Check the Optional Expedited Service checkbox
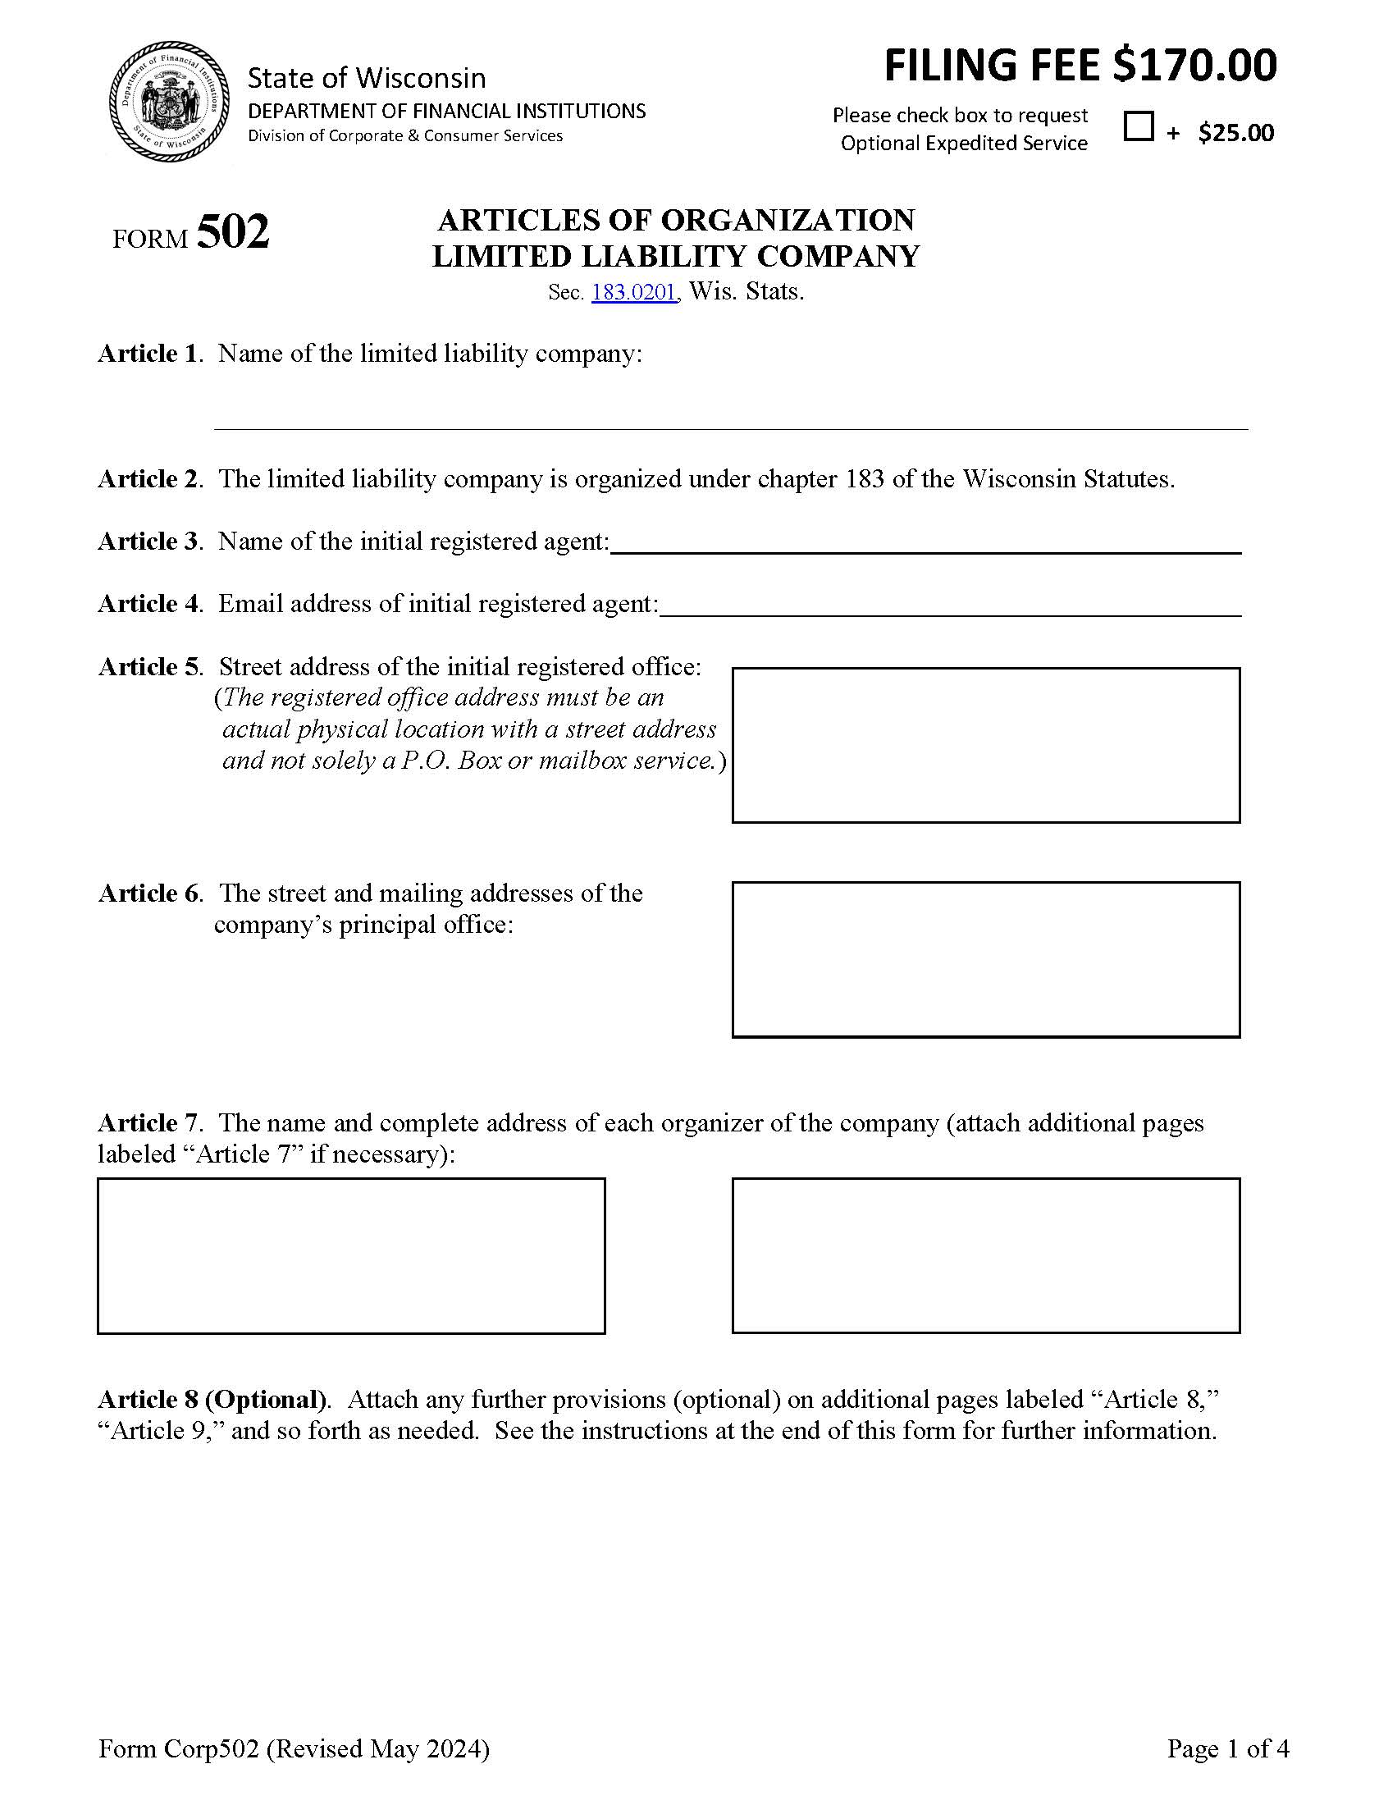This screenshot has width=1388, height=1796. tap(1138, 126)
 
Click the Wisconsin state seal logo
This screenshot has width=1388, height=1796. tap(169, 102)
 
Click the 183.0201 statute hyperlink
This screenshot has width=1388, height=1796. tap(633, 293)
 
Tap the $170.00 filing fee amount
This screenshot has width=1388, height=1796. tap(1194, 66)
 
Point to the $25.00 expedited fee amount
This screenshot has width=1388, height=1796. tap(1236, 133)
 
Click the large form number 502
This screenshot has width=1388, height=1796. tap(233, 233)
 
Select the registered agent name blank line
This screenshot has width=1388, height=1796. tap(925, 543)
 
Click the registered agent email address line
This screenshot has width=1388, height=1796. tap(950, 606)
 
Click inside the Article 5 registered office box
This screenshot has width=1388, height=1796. tap(985, 745)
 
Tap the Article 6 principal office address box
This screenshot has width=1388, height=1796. tap(985, 960)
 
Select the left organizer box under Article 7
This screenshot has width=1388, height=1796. tap(351, 1255)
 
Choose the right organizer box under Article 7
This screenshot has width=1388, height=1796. tap(985, 1255)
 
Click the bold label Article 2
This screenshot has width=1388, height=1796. tap(148, 479)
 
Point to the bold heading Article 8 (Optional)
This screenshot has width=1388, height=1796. tap(213, 1400)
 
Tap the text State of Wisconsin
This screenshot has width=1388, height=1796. tap(367, 78)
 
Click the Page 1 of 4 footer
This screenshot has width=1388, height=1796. tap(1228, 1748)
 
